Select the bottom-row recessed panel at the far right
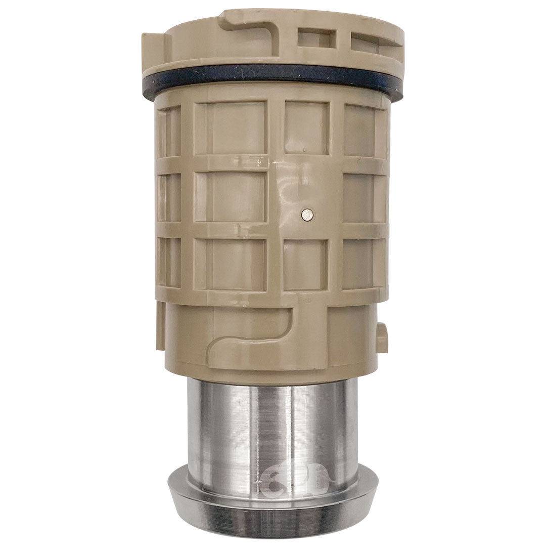click(362, 263)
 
